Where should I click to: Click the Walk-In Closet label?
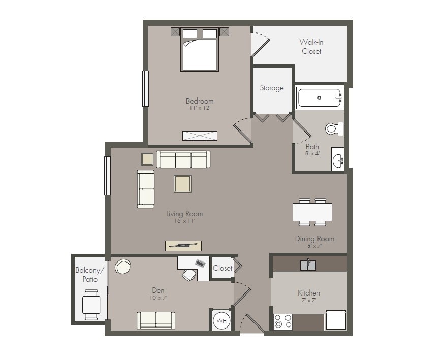coord(311,46)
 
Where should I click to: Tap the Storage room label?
coord(272,88)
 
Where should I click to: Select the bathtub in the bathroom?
coord(319,97)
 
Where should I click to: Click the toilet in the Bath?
coord(333,128)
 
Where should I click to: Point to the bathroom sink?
coord(337,161)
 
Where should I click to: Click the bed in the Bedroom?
coord(200,50)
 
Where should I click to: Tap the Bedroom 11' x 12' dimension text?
coord(200,108)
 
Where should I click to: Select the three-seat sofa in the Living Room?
coord(183,159)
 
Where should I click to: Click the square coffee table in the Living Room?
coord(182,184)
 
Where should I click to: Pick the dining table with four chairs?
coord(312,212)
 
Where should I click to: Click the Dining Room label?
coord(314,239)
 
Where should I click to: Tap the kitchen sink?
coord(308,265)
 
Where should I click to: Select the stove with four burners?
coord(283,321)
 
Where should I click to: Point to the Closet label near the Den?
coord(222,268)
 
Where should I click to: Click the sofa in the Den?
coord(156,320)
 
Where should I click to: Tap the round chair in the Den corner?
coord(122,266)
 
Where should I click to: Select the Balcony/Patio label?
coord(90,275)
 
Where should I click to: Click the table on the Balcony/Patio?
coord(91,305)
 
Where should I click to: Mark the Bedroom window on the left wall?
coord(145,88)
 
